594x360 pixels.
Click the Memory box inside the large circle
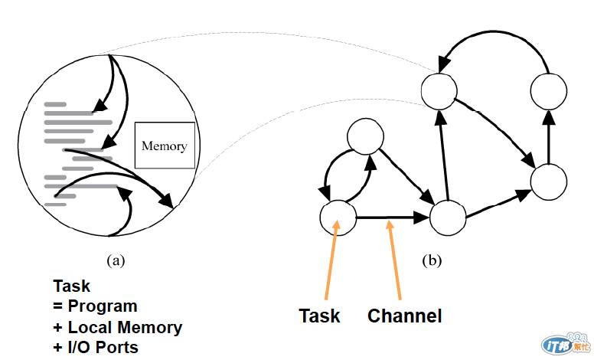point(165,145)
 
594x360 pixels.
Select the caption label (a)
point(115,260)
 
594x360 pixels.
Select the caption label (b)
point(432,260)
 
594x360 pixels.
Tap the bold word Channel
point(405,315)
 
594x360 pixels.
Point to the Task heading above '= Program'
point(71,286)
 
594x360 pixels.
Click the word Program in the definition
point(101,306)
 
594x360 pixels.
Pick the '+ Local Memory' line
point(117,327)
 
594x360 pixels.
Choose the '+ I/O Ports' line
point(96,347)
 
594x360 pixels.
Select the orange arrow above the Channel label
point(395,260)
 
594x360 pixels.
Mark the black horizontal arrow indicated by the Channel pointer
point(392,218)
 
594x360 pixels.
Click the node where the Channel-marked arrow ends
point(448,218)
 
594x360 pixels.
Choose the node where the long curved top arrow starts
point(548,90)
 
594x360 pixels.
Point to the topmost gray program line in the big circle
point(55,103)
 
